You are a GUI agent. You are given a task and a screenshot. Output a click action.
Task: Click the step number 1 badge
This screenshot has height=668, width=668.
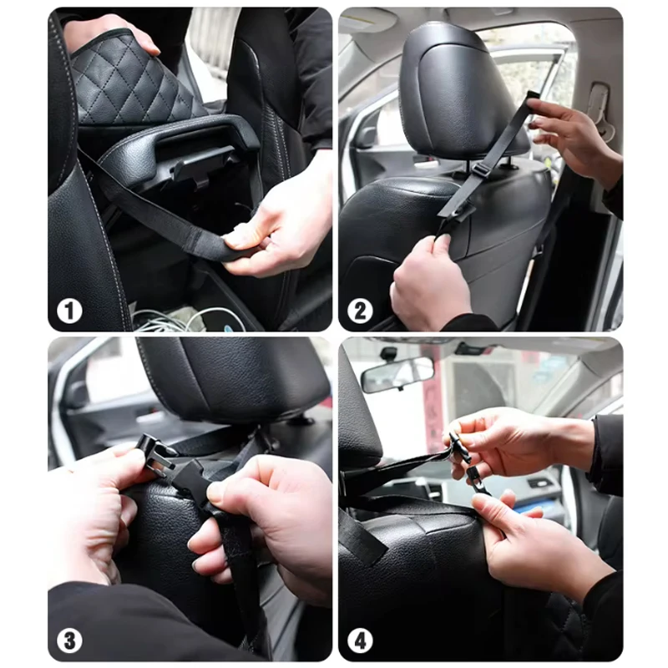(x=69, y=311)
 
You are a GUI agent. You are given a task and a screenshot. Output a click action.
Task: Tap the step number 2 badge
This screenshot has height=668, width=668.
(x=360, y=311)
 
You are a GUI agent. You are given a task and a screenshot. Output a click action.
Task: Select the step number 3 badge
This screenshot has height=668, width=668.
(x=69, y=640)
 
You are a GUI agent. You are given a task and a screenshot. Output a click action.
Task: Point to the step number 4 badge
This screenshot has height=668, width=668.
(x=360, y=640)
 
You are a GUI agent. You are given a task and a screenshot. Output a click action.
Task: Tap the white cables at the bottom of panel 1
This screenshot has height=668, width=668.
(x=187, y=319)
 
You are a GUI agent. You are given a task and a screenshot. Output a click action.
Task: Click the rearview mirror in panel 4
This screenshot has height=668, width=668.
(x=397, y=374)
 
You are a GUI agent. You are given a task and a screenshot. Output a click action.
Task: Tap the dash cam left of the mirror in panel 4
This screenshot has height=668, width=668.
(x=388, y=353)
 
